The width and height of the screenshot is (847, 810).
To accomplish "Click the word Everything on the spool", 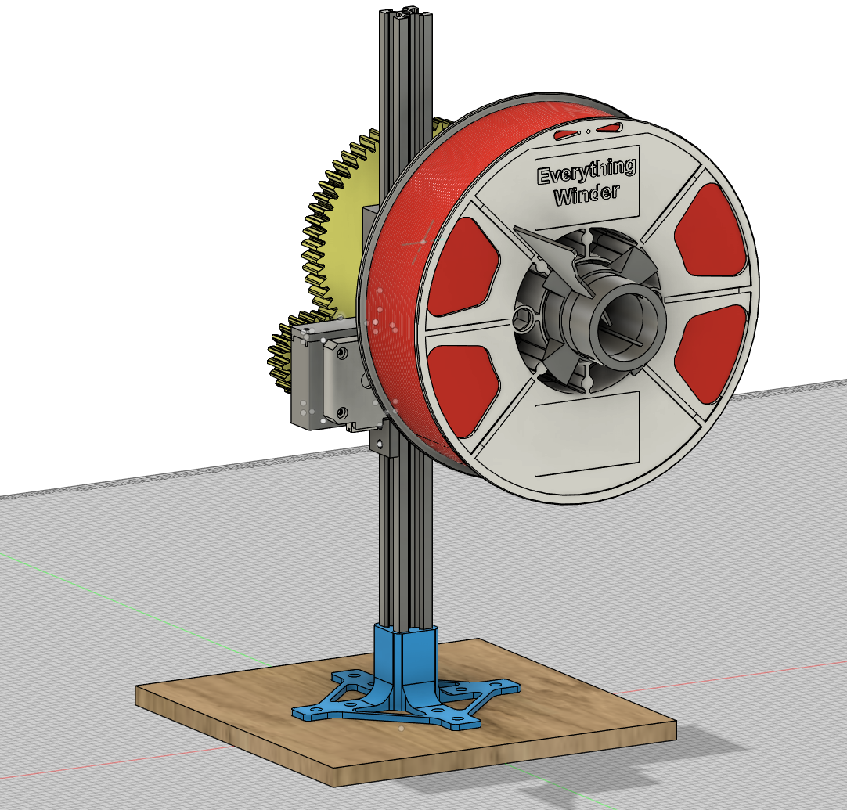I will pos(585,171).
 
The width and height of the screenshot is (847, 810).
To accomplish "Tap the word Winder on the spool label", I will pos(586,194).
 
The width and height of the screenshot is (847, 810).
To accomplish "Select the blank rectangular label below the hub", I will pos(586,434).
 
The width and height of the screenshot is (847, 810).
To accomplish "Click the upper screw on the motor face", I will pos(341,354).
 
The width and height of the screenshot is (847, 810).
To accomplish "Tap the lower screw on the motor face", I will pos(342,411).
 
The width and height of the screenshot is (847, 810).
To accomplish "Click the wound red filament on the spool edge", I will pos(395,313).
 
